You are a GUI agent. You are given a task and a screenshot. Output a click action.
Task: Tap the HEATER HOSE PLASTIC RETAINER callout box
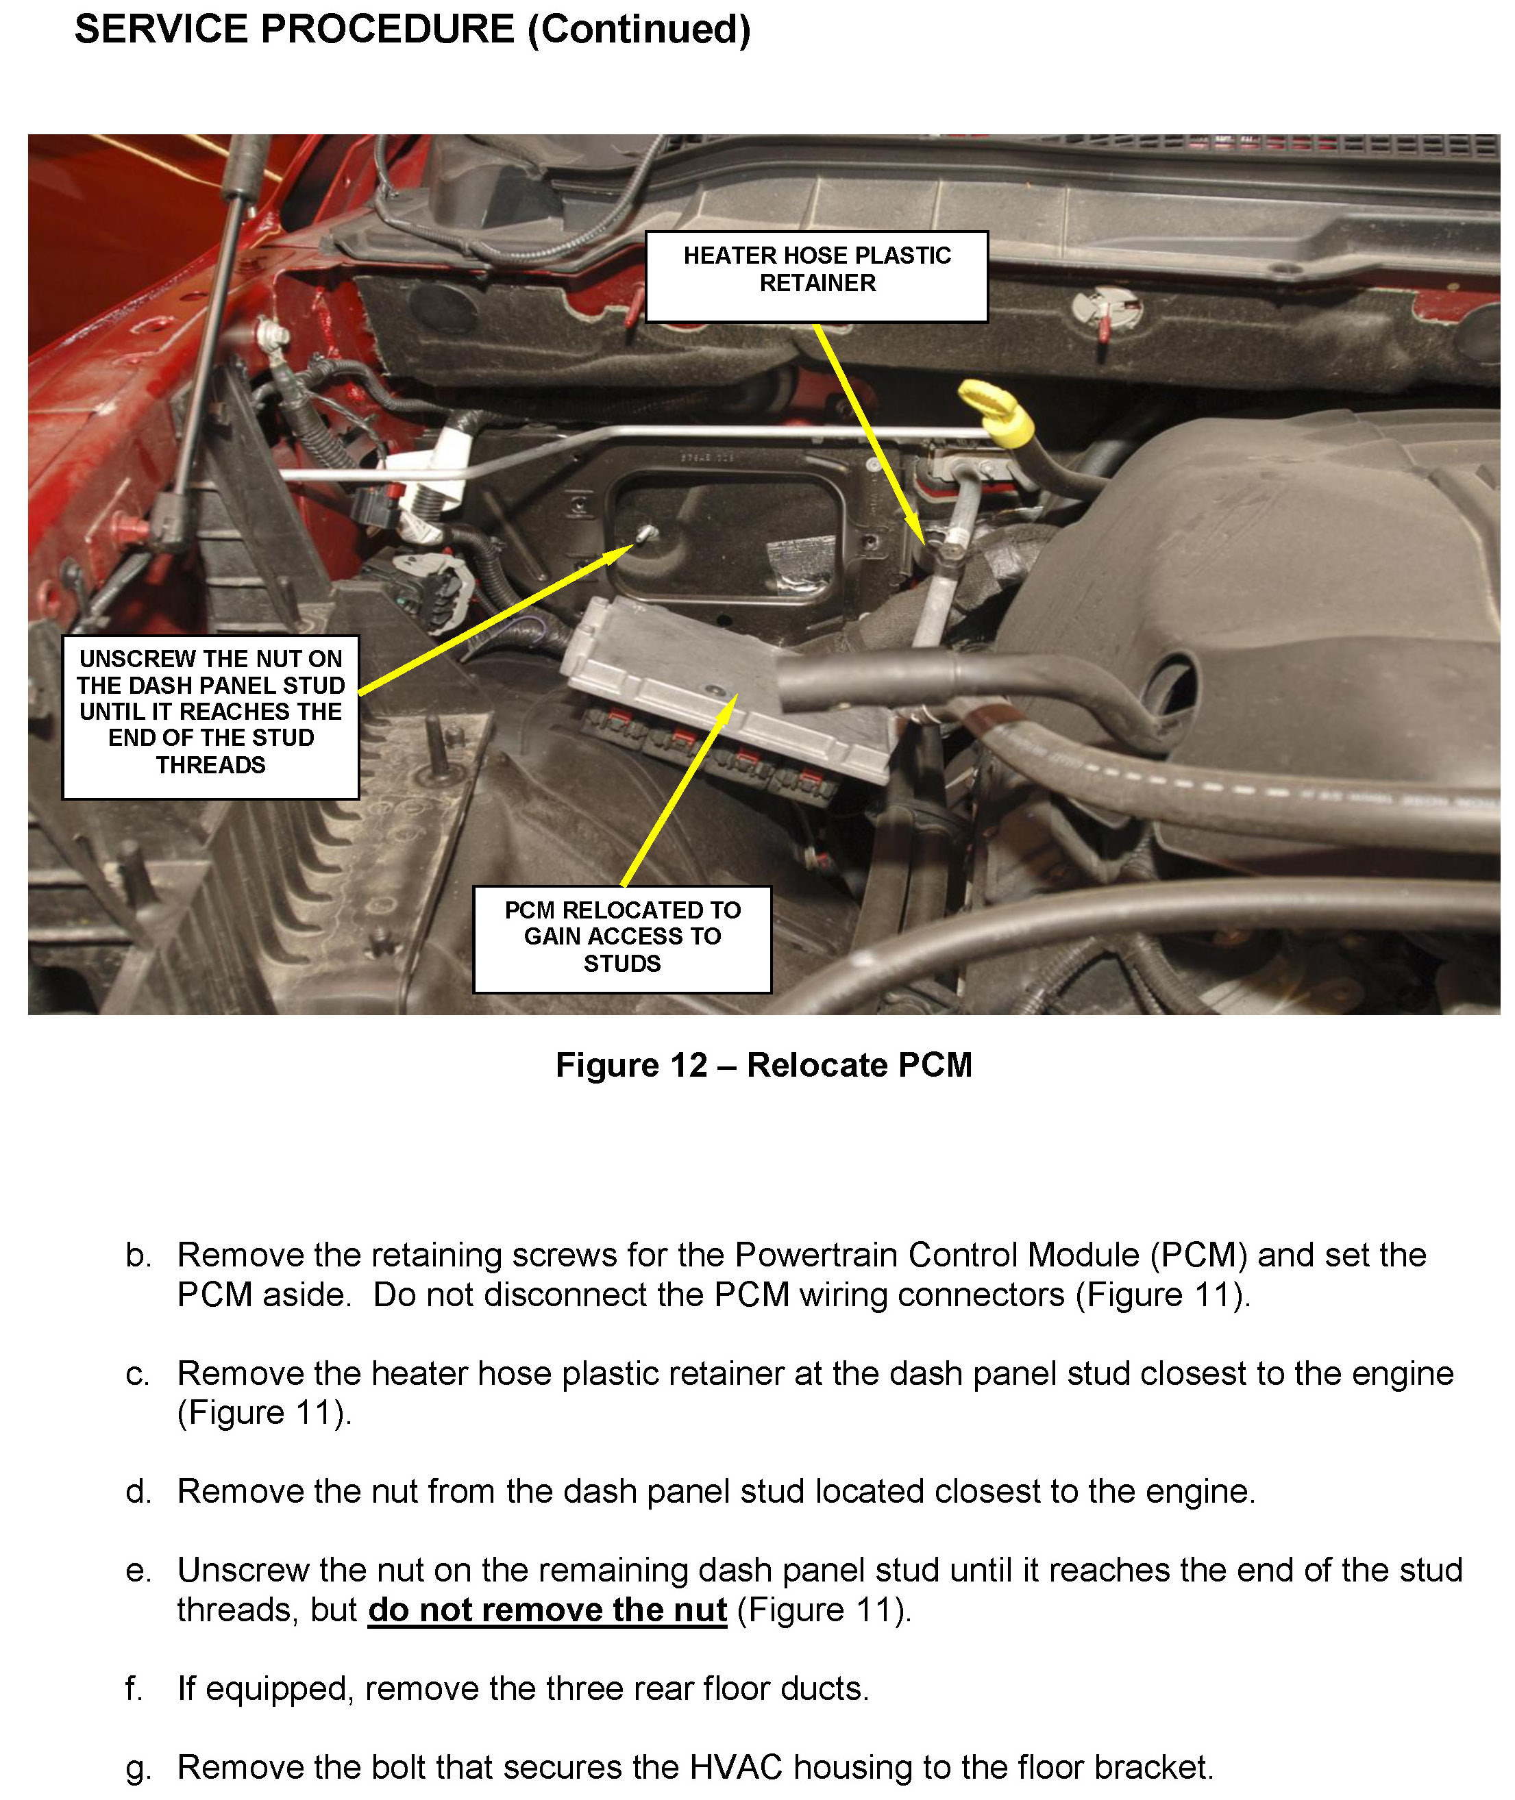816,277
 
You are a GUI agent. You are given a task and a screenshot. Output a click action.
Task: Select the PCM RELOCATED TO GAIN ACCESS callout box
621,938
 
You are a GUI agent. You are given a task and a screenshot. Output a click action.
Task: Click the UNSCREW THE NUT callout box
210,716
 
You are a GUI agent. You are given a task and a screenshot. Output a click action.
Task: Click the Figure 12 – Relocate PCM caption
763,1064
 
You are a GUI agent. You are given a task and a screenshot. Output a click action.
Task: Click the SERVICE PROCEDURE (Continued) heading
412,30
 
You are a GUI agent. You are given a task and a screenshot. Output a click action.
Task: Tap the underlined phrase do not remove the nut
547,1610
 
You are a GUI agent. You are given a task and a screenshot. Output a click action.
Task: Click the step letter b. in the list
138,1255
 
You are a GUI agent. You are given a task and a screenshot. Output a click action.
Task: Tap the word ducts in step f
823,1688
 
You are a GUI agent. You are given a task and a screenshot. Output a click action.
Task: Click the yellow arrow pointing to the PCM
678,790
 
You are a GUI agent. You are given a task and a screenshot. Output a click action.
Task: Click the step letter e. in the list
138,1571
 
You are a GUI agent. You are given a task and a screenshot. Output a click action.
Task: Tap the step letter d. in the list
138,1492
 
